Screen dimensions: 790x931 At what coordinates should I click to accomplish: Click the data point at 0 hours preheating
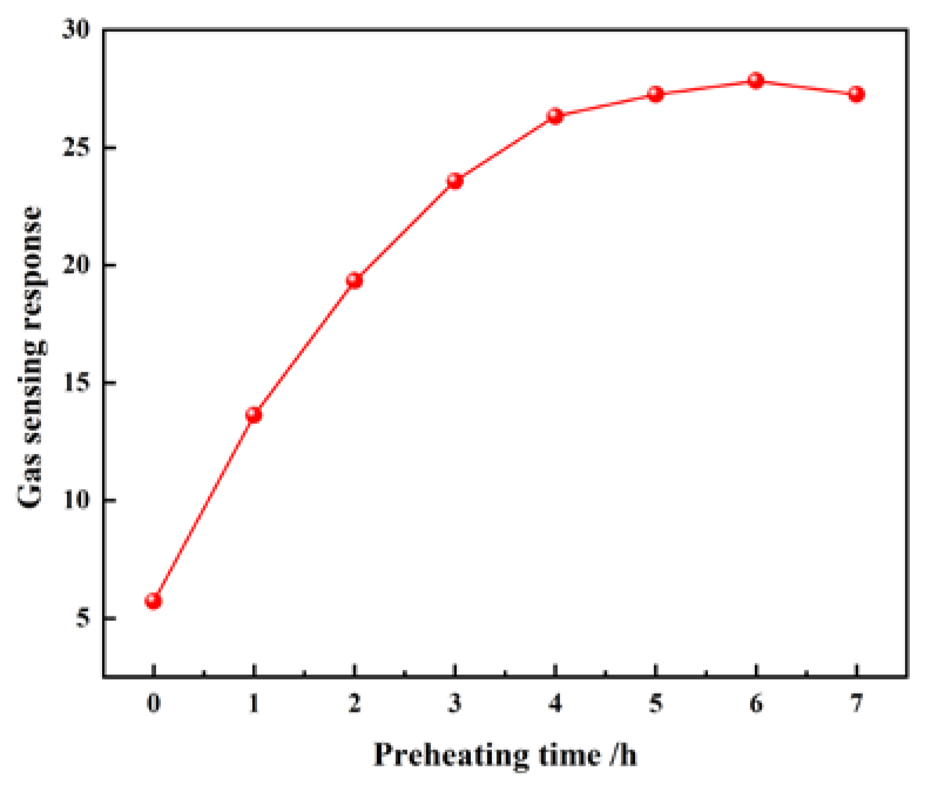[153, 601]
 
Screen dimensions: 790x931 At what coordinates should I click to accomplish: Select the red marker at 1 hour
[254, 415]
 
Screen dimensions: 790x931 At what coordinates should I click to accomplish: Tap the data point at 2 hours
[355, 280]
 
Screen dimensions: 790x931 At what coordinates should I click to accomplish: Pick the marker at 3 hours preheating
[455, 181]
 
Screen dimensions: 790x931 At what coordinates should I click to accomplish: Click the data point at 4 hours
[555, 116]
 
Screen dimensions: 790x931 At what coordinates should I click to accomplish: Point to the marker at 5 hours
[656, 94]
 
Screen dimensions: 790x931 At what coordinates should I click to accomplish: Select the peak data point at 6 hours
[756, 80]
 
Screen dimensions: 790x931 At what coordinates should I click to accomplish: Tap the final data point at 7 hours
[856, 94]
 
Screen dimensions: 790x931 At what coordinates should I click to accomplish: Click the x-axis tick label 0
[153, 703]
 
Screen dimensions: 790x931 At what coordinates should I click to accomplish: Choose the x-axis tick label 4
[555, 703]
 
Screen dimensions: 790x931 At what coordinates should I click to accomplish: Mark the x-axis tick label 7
[856, 703]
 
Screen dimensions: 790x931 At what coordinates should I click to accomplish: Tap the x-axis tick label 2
[355, 703]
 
